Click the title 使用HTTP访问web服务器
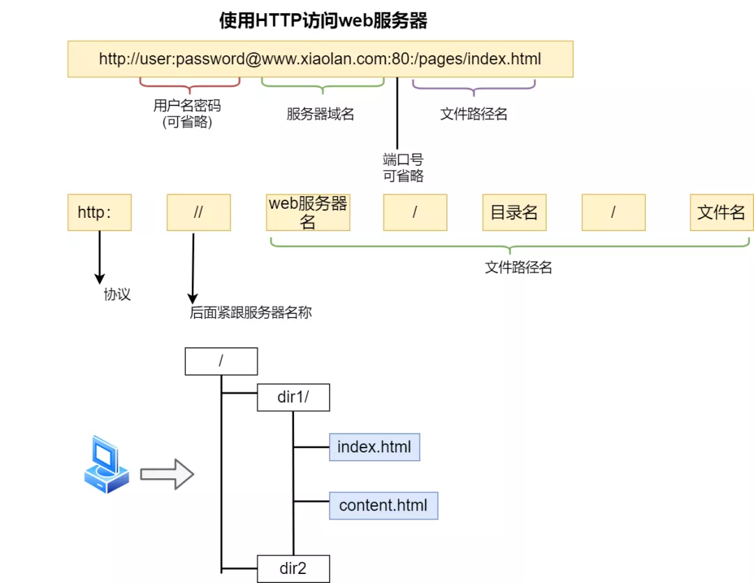click(323, 21)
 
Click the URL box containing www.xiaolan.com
click(320, 59)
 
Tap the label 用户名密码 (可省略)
click(186, 114)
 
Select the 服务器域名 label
click(320, 115)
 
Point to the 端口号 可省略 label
click(403, 168)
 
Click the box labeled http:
click(99, 212)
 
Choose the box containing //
click(198, 212)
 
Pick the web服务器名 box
click(308, 212)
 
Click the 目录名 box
click(514, 212)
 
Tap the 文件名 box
click(721, 212)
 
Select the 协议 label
click(117, 295)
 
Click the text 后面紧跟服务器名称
click(251, 313)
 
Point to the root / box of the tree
click(221, 361)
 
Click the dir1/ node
click(293, 397)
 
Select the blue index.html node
click(374, 447)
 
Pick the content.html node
click(383, 505)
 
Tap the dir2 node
click(293, 568)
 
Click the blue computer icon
click(105, 465)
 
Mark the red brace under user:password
click(190, 84)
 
